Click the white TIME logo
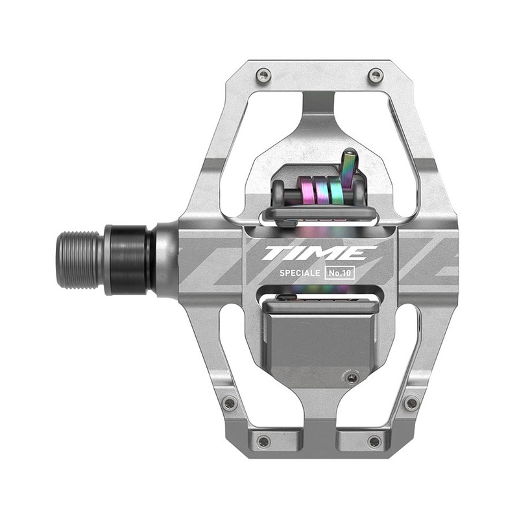pyautogui.click(x=319, y=252)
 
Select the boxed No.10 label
pyautogui.click(x=340, y=273)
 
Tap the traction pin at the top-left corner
pyautogui.click(x=263, y=75)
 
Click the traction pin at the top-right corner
pyautogui.click(x=375, y=75)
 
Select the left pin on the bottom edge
pyautogui.click(x=263, y=441)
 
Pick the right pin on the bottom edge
pyautogui.click(x=374, y=441)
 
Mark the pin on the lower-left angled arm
pyautogui.click(x=229, y=403)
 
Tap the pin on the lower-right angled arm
pyautogui.click(x=411, y=402)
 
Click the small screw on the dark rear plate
pyautogui.click(x=352, y=378)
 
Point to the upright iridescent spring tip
pyautogui.click(x=349, y=165)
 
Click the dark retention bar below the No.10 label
pyautogui.click(x=318, y=303)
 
